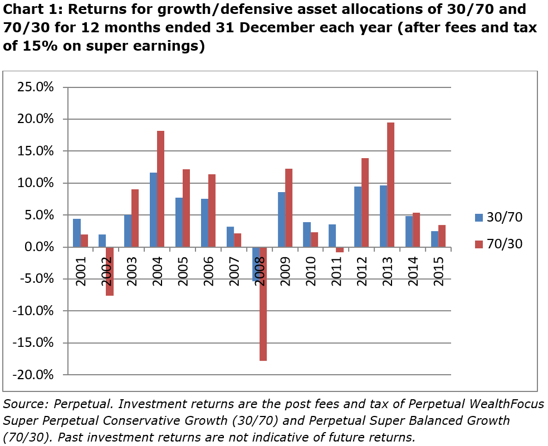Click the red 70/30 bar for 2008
click(x=263, y=303)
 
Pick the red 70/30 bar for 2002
click(x=109, y=271)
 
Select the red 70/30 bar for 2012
click(x=365, y=203)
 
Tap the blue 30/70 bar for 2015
click(x=434, y=239)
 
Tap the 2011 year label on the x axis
click(x=336, y=272)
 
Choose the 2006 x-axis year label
click(x=208, y=272)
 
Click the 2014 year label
click(x=413, y=272)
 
